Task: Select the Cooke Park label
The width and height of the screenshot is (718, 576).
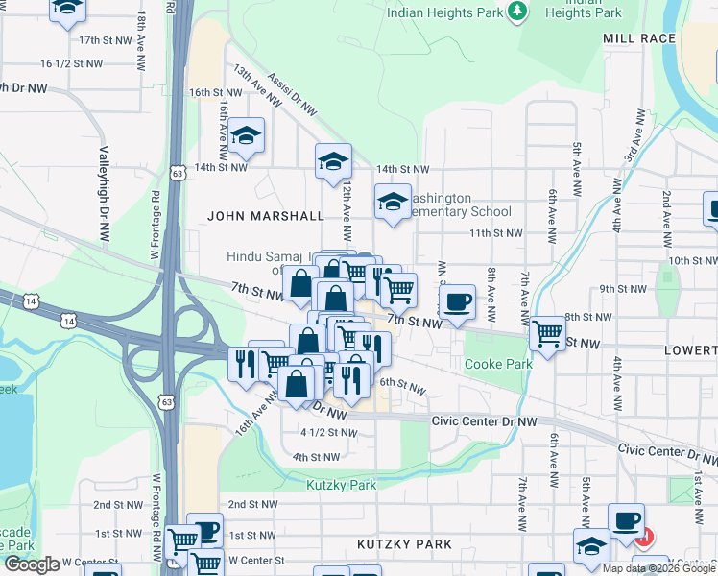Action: coord(498,365)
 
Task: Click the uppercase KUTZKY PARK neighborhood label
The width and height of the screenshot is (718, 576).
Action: coord(404,544)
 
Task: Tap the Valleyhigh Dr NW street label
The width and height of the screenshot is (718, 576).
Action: coord(103,193)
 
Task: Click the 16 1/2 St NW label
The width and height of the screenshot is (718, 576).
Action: coord(71,63)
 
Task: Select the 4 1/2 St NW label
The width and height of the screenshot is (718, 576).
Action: coord(328,433)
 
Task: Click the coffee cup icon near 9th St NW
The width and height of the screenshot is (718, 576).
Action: coord(457,301)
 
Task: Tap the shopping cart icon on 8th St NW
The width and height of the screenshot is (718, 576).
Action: coord(547,333)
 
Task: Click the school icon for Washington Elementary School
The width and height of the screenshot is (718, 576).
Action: coord(393,201)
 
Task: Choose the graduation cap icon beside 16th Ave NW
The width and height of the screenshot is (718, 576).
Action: coord(247,134)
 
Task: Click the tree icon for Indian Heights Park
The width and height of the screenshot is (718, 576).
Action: coord(518,11)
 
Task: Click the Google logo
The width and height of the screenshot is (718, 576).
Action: coord(32,565)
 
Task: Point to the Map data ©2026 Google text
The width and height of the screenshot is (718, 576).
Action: coord(658,568)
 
